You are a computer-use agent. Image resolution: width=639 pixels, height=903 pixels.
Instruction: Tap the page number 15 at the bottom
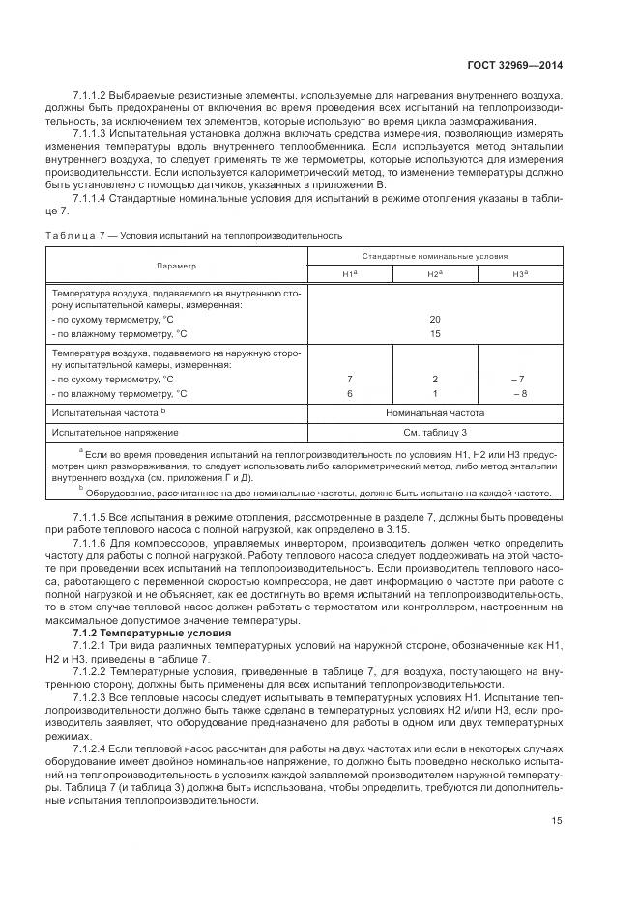click(x=556, y=822)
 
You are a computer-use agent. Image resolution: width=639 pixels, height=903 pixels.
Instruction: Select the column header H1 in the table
click(x=349, y=274)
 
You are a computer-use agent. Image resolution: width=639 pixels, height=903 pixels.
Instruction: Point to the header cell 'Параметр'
click(x=177, y=265)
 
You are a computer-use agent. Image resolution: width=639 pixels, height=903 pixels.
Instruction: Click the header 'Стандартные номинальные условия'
click(x=434, y=256)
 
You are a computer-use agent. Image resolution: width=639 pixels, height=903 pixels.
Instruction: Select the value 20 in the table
click(x=434, y=319)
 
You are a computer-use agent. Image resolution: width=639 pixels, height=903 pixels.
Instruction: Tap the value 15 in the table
click(x=434, y=333)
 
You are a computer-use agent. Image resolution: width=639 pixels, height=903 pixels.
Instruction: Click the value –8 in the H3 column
click(x=519, y=394)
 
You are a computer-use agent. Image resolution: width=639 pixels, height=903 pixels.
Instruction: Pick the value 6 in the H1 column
click(x=349, y=394)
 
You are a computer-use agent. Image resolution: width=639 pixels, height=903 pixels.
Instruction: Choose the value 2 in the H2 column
click(x=434, y=380)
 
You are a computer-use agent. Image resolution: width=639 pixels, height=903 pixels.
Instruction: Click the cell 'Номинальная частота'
click(x=434, y=412)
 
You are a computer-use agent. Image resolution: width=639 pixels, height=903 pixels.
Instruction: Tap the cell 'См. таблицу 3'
click(x=434, y=432)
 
